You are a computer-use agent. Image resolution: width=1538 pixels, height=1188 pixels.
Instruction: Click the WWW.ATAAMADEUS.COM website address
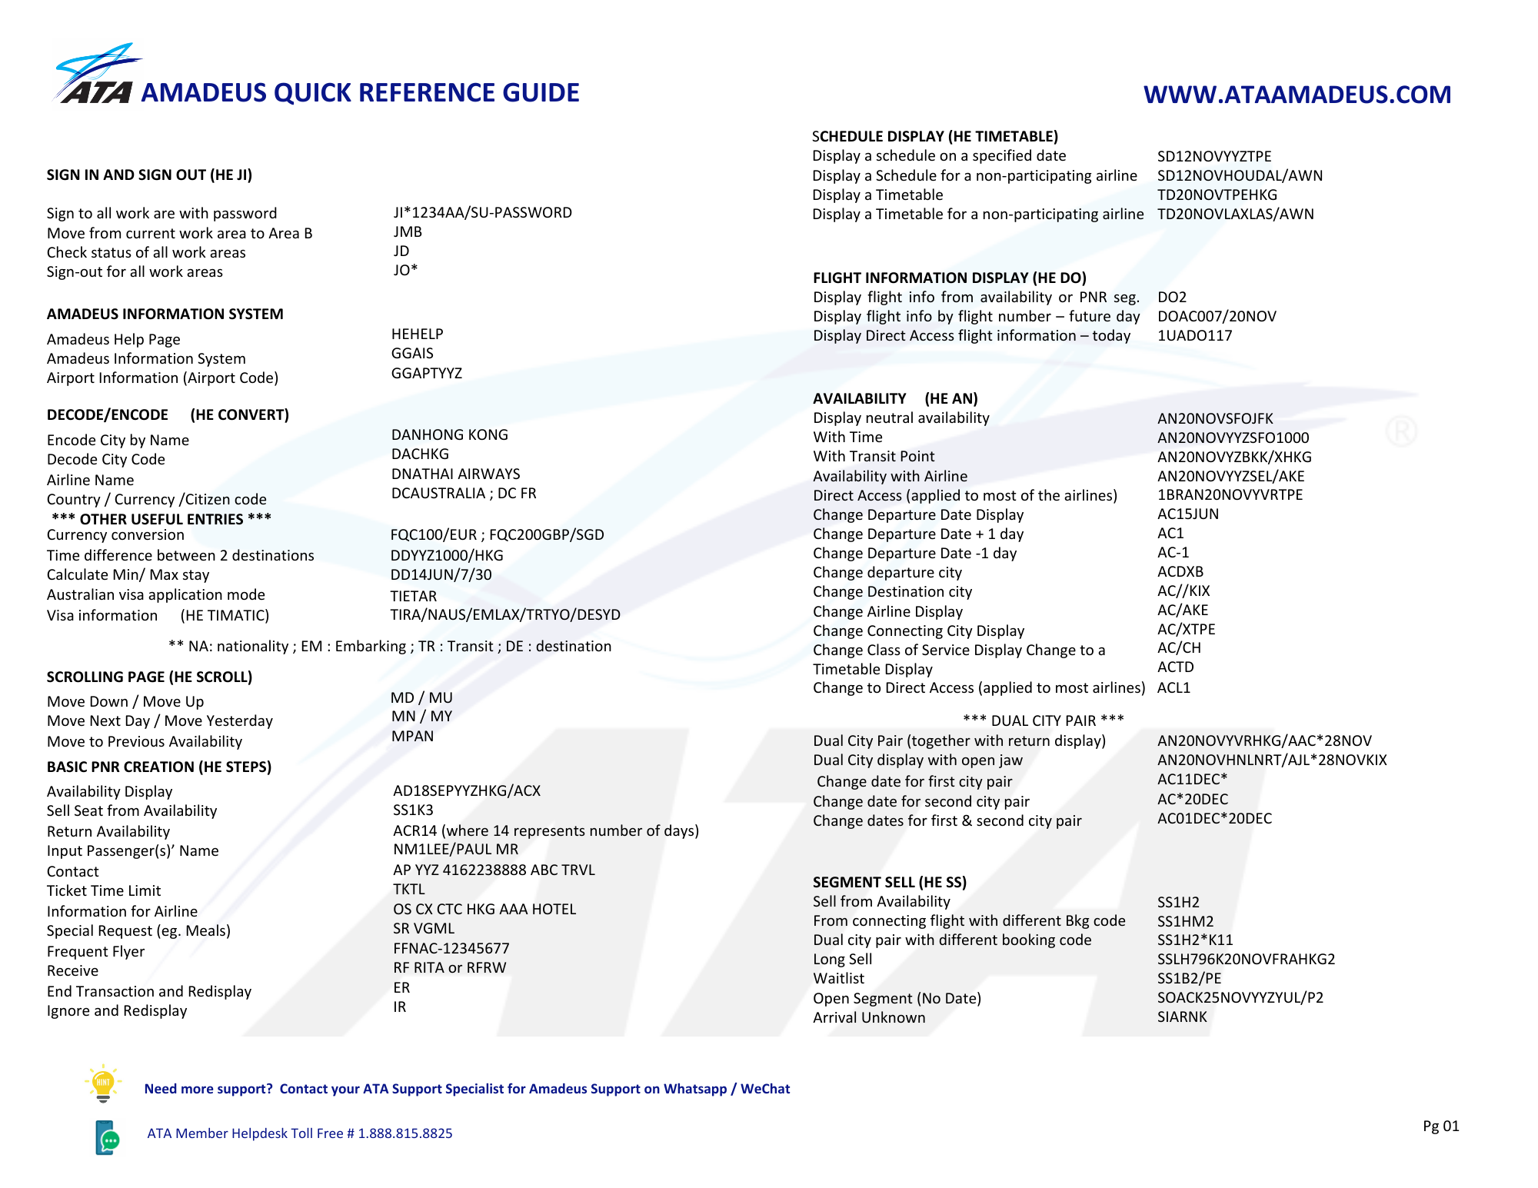click(x=1297, y=95)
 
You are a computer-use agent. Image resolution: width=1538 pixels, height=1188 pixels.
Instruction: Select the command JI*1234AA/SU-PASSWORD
click(x=482, y=213)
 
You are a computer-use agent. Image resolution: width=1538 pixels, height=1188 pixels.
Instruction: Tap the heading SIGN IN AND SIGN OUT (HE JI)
click(x=149, y=175)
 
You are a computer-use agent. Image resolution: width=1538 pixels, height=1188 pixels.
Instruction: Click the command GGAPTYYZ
click(x=426, y=374)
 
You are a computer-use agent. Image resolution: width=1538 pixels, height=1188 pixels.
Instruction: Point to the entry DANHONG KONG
click(x=449, y=435)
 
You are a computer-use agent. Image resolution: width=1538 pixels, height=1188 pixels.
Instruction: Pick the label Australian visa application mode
click(x=155, y=595)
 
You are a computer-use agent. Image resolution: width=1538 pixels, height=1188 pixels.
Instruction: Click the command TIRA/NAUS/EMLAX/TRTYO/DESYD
click(x=504, y=615)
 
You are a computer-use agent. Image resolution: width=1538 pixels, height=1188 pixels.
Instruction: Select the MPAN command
click(x=412, y=737)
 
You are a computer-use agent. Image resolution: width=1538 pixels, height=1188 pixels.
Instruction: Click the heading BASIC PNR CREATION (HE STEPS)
click(x=158, y=767)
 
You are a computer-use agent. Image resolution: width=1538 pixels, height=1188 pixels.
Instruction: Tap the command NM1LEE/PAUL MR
click(x=455, y=850)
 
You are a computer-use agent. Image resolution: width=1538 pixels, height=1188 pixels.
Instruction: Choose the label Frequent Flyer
click(x=95, y=952)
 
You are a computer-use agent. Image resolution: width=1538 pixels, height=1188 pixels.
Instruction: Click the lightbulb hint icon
click(x=103, y=1083)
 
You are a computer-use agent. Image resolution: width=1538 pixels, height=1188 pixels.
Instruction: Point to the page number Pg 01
click(x=1440, y=1126)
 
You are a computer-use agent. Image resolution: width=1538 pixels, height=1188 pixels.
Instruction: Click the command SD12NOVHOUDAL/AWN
click(x=1240, y=176)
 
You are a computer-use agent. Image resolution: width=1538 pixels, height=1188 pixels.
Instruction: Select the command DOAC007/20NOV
click(x=1217, y=317)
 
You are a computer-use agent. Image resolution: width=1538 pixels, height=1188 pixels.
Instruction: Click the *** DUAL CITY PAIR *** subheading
click(x=1043, y=720)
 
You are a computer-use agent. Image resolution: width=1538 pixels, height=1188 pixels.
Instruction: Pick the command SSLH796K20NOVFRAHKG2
click(x=1246, y=960)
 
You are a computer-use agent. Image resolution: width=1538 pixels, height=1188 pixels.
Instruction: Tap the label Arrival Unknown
click(x=869, y=1018)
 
